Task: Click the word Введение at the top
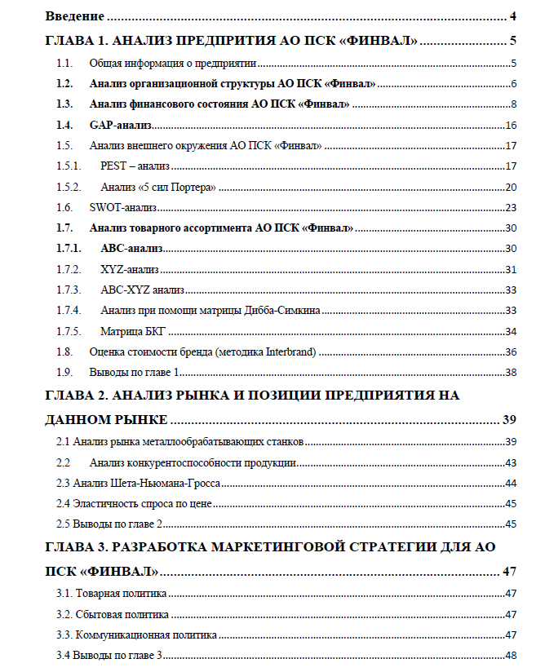coord(75,16)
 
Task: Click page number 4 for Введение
coord(513,16)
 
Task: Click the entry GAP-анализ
coord(121,125)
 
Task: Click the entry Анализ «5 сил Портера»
coord(158,187)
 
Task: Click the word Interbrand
coord(290,351)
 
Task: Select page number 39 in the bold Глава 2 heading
coord(509,420)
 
